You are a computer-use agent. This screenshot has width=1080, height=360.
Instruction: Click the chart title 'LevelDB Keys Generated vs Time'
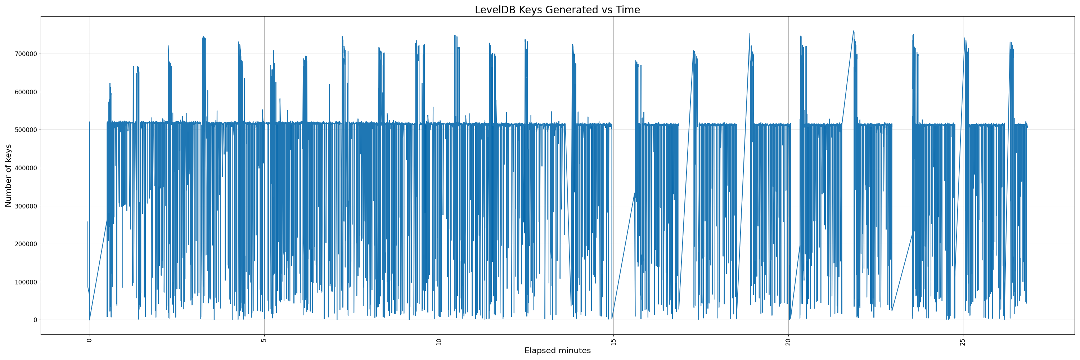pyautogui.click(x=557, y=10)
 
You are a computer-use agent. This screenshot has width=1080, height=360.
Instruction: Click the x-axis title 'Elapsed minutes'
pyautogui.click(x=557, y=351)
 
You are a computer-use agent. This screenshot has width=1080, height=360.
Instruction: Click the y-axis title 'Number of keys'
pyautogui.click(x=8, y=176)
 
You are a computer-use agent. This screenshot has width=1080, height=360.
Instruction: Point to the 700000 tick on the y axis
pyautogui.click(x=25, y=54)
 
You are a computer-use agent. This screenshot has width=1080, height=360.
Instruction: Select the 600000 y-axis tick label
pyautogui.click(x=25, y=92)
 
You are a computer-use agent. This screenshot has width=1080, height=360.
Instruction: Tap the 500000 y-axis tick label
pyautogui.click(x=25, y=130)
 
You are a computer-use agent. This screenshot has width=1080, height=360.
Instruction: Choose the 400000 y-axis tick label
pyautogui.click(x=25, y=168)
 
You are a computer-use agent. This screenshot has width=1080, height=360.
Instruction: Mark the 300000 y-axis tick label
pyautogui.click(x=25, y=206)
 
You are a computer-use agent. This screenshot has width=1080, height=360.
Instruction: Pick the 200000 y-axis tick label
pyautogui.click(x=25, y=244)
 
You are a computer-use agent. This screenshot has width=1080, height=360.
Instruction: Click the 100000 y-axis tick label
pyautogui.click(x=25, y=282)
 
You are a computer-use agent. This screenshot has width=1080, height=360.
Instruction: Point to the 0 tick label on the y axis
pyautogui.click(x=35, y=320)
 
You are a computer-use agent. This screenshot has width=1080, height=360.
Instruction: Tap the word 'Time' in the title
pyautogui.click(x=627, y=10)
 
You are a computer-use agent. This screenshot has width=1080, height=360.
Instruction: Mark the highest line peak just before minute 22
pyautogui.click(x=853, y=31)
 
